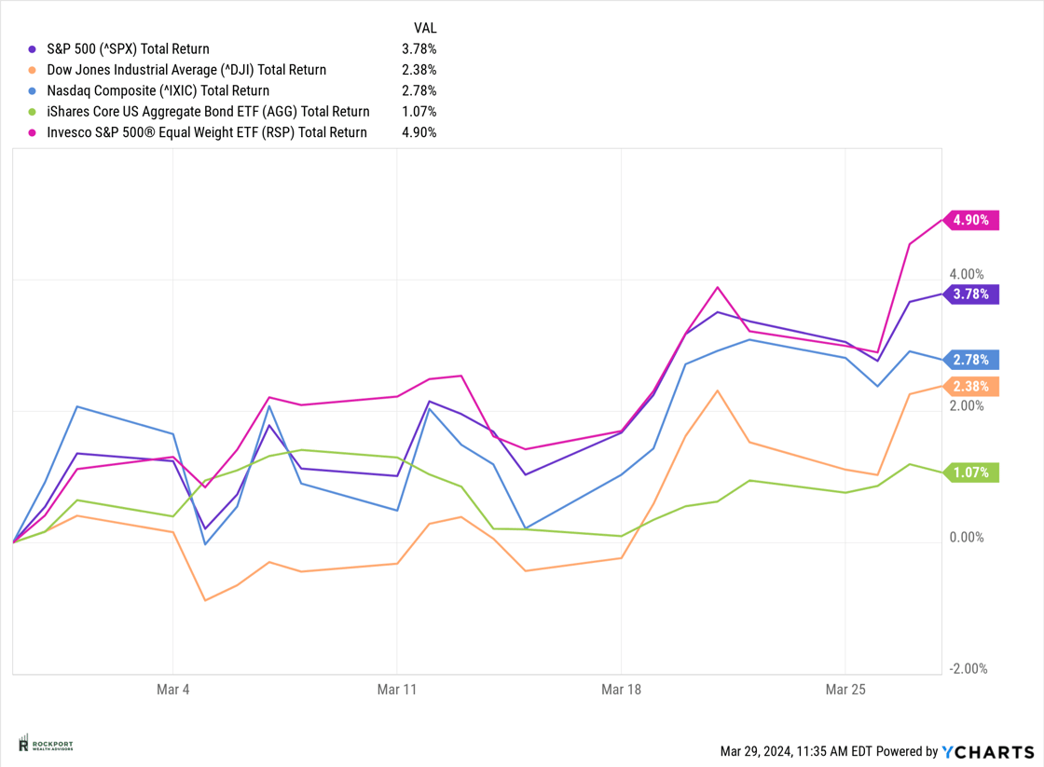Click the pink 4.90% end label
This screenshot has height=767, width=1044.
click(971, 221)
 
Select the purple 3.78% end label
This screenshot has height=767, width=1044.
click(971, 294)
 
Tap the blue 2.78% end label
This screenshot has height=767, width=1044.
click(971, 360)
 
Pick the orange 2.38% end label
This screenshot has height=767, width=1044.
click(971, 387)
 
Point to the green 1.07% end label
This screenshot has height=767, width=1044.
click(971, 473)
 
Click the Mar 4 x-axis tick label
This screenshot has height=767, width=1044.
click(173, 690)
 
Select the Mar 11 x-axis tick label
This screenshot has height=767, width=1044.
click(397, 690)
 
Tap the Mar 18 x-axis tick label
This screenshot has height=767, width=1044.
click(621, 690)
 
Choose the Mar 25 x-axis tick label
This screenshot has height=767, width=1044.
click(845, 690)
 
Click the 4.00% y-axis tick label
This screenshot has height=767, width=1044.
click(966, 275)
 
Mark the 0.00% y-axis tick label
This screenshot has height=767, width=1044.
click(966, 538)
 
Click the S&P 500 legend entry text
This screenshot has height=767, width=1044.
click(128, 48)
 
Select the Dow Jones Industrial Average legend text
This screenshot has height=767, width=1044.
click(186, 70)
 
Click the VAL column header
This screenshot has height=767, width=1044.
click(424, 28)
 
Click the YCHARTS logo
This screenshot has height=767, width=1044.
click(988, 751)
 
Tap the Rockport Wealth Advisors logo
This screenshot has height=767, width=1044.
click(46, 744)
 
